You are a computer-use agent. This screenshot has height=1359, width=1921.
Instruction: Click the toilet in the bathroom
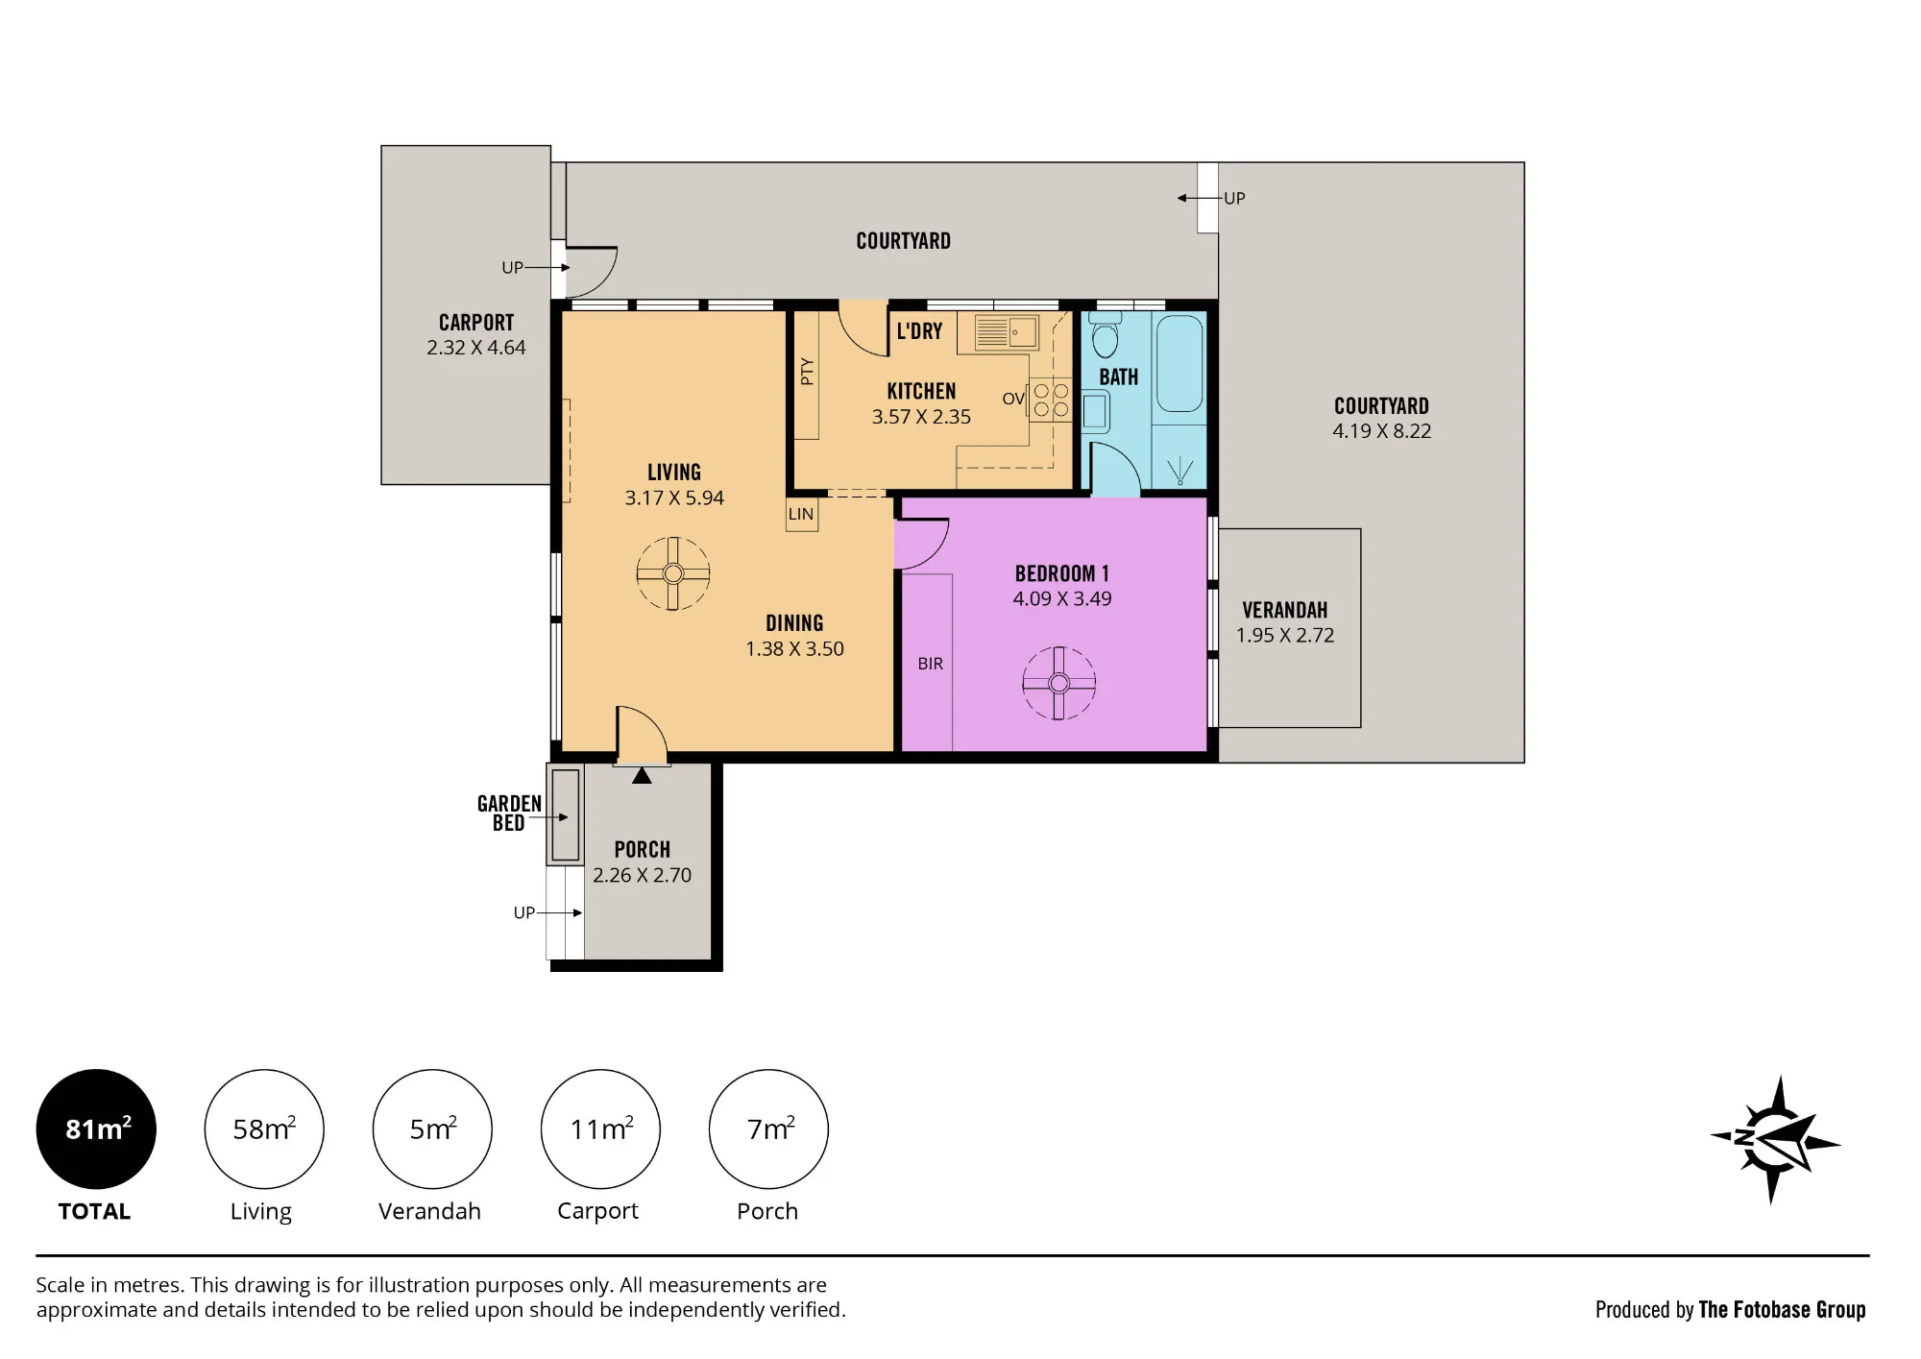coord(1105,334)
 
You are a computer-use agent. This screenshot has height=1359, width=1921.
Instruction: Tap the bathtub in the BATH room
coord(1179,363)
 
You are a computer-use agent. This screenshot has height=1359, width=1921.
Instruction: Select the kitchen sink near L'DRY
coord(1006,332)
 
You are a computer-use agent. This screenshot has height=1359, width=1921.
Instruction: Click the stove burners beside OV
coord(1051,400)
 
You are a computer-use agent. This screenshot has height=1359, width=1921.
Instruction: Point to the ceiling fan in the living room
coord(672,573)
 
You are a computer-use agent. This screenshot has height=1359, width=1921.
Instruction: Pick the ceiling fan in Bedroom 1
coord(1058,683)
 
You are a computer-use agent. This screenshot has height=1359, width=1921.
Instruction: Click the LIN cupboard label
coord(801,514)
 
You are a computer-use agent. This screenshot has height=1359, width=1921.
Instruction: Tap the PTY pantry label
coord(807,372)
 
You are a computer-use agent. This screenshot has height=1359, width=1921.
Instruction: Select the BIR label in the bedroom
coord(930,664)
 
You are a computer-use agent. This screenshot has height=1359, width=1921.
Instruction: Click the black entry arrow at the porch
coord(642,774)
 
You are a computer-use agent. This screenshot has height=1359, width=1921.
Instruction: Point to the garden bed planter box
coord(565,814)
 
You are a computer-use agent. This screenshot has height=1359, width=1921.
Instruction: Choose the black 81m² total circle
coord(96,1128)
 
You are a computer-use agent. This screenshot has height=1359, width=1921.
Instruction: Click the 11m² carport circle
coord(600,1128)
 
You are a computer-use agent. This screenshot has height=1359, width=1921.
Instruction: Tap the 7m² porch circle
coord(768,1128)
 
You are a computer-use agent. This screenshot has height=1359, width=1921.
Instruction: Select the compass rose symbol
coord(1775,1139)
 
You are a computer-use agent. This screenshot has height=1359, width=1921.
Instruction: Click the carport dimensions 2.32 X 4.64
coord(476,348)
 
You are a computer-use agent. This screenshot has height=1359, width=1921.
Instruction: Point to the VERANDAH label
coord(1285,610)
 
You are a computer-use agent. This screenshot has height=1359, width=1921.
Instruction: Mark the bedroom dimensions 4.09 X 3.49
coord(1062,598)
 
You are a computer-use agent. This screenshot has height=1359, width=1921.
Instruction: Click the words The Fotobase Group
coord(1782,1309)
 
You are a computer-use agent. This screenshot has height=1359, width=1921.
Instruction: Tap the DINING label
coord(794,623)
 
